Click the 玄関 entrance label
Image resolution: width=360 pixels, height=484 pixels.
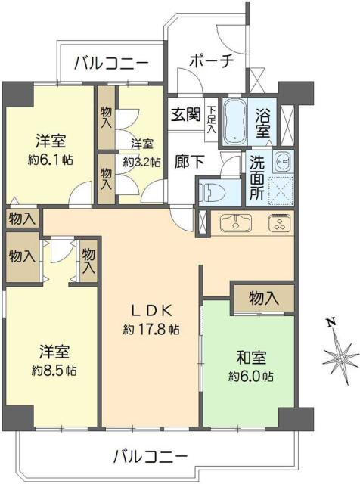(x=185, y=115)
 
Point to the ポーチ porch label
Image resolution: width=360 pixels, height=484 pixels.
(x=211, y=61)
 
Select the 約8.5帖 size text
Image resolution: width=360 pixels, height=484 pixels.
(x=54, y=371)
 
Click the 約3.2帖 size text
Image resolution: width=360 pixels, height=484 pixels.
(x=144, y=161)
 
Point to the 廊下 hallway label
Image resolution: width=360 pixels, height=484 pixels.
(x=185, y=161)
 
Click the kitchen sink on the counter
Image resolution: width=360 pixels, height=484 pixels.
(x=236, y=223)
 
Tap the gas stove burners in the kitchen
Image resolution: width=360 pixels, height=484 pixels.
(x=278, y=223)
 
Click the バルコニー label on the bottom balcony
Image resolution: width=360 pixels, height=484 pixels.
(x=151, y=456)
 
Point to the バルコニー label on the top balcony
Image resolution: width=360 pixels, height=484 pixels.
(x=110, y=63)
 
